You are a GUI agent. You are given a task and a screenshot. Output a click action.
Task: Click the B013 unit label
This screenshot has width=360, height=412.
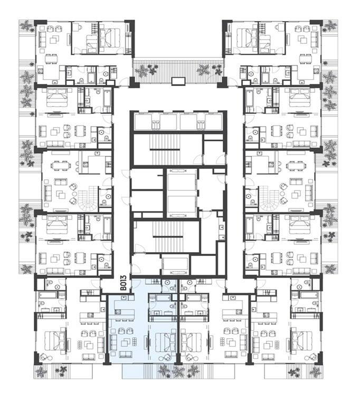124,283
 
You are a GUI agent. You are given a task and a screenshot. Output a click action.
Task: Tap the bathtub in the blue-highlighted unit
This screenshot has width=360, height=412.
160,298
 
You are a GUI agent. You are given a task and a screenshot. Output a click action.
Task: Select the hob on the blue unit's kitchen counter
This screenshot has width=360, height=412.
118,312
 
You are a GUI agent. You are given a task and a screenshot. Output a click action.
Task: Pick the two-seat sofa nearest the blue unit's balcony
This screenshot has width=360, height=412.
126,355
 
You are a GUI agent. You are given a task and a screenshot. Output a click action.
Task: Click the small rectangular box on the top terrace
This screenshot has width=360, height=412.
178,81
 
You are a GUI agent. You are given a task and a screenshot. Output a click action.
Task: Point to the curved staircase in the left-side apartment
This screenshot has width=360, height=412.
86,199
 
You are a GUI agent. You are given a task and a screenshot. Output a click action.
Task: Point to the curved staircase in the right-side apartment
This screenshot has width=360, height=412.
270,199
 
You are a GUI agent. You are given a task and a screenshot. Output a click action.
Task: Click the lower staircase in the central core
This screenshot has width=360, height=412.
168,236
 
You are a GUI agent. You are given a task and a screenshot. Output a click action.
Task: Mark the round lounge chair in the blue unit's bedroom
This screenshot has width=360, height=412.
166,358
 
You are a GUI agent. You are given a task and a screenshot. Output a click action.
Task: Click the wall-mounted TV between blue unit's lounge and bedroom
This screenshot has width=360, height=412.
147,342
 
